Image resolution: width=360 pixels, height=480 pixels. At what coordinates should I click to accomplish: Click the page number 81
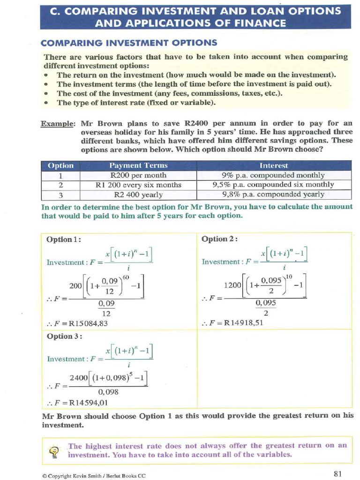coord(338,473)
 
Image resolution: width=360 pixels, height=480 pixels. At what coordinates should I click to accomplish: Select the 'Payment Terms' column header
coord(138,165)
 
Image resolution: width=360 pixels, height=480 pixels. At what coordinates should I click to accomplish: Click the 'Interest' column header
coord(273,165)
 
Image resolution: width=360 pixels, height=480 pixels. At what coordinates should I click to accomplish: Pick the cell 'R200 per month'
coord(138,175)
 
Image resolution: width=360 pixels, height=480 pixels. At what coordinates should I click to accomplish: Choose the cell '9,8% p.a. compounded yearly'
coord(273,195)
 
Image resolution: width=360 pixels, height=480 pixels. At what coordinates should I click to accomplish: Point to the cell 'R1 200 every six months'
coord(138,185)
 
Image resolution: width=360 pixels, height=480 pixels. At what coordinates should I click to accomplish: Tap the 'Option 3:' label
coord(65,336)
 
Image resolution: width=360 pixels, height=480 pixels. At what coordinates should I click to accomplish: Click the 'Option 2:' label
coord(219,239)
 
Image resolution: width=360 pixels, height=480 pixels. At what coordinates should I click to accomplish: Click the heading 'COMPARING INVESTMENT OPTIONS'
coord(129,43)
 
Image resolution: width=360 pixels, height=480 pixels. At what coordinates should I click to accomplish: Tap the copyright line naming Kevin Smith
coord(94,475)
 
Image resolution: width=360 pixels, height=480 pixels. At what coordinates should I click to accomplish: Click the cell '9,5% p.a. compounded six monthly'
coord(273,185)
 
